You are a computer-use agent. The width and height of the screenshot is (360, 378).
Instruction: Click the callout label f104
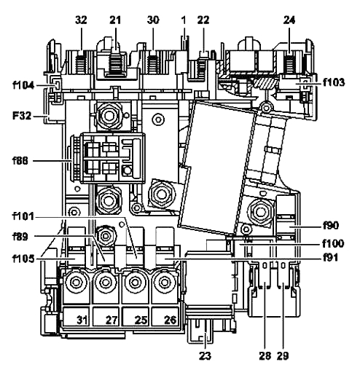click(x=23, y=85)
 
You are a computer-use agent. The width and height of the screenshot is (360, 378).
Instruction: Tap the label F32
click(x=22, y=116)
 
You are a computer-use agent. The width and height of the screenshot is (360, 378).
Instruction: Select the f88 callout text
click(x=20, y=161)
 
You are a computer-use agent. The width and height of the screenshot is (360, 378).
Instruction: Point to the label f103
click(x=334, y=82)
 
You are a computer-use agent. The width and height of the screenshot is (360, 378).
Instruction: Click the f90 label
click(x=331, y=226)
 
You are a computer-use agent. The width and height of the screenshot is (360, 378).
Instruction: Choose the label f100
click(x=333, y=243)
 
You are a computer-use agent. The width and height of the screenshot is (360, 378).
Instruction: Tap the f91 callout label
click(x=330, y=258)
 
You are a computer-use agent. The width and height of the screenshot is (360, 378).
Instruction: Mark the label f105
click(x=23, y=259)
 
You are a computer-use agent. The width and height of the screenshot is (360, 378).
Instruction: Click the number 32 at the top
click(x=81, y=20)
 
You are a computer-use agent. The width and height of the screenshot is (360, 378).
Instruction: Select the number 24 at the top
click(x=289, y=20)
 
